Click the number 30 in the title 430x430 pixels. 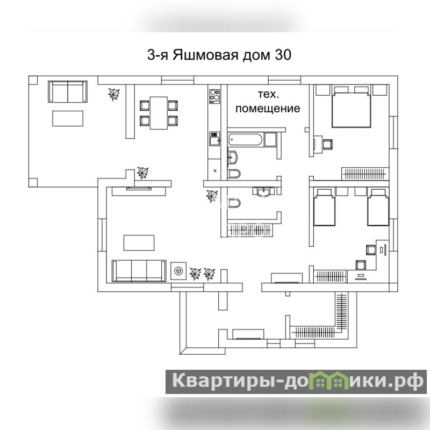[x=283, y=55]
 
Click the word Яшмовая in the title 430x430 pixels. [x=205, y=55]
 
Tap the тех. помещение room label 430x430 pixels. [x=268, y=102]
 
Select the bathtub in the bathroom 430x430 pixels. [x=246, y=140]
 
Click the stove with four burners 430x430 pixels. [x=214, y=97]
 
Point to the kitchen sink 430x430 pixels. [x=214, y=139]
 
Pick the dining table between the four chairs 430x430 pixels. [x=159, y=113]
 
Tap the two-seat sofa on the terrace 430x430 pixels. [x=68, y=91]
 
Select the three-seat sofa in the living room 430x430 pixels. [x=139, y=271]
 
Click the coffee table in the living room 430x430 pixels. [x=139, y=243]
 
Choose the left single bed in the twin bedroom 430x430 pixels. [x=325, y=207]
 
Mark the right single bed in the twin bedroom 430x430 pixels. [x=378, y=207]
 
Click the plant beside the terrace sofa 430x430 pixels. [x=113, y=94]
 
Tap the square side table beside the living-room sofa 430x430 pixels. [x=178, y=271]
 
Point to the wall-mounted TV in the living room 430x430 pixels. [x=139, y=188]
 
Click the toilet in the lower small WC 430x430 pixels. [x=234, y=203]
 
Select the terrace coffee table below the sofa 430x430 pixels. [x=68, y=118]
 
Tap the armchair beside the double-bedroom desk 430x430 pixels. [x=328, y=144]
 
